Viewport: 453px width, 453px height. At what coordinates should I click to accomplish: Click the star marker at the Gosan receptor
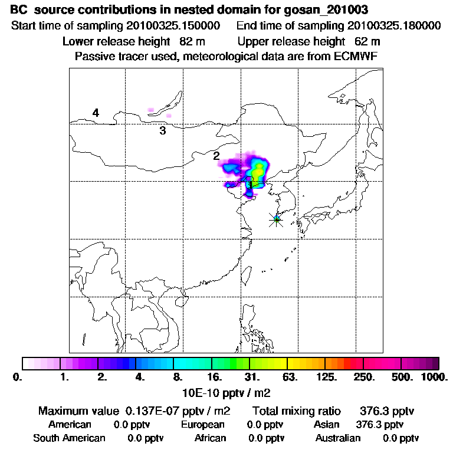[x=276, y=219]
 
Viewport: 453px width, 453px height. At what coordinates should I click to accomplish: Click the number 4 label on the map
[x=95, y=113]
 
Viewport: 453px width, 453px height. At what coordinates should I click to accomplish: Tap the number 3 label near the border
[x=162, y=130]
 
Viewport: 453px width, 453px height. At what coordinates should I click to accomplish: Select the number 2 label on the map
[x=216, y=156]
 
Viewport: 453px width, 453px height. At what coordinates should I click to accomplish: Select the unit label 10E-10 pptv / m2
[x=228, y=392]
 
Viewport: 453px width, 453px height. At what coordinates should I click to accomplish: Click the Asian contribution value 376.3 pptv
[x=380, y=424]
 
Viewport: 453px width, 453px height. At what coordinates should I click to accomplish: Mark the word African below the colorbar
[x=210, y=438]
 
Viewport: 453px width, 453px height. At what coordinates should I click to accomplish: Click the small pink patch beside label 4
[x=151, y=110]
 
